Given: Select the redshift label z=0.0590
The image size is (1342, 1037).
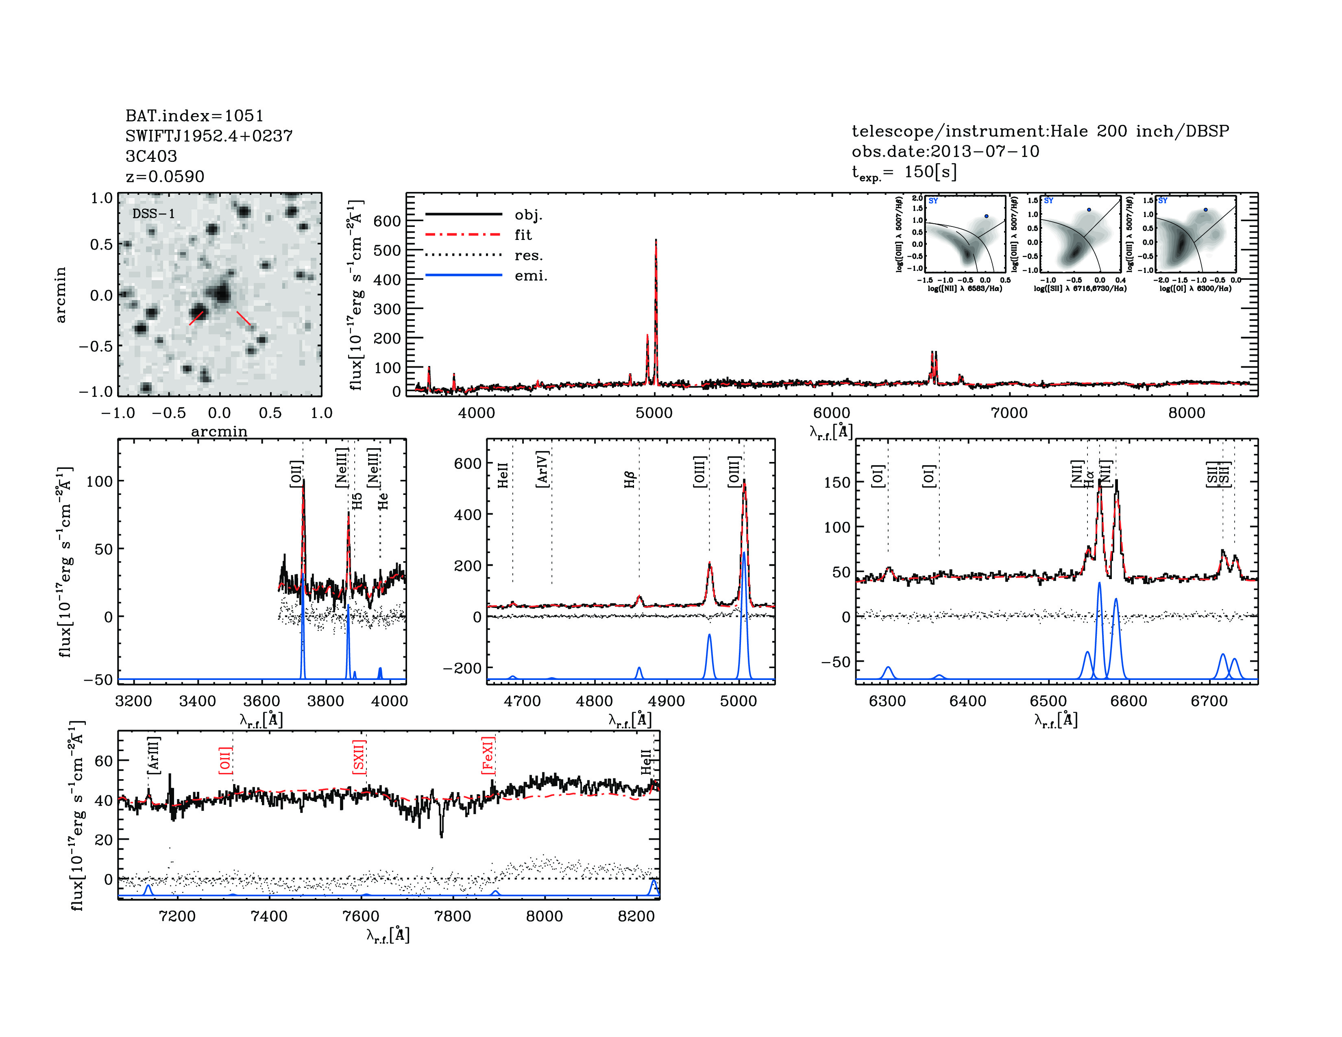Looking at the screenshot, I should click(x=165, y=176).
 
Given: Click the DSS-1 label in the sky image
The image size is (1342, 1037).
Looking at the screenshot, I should click(x=154, y=214).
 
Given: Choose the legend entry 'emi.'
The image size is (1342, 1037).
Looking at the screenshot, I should click(x=530, y=276).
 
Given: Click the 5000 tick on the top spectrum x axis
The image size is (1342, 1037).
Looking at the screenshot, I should click(x=654, y=413).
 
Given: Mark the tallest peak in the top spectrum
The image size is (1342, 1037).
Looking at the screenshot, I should click(x=656, y=240).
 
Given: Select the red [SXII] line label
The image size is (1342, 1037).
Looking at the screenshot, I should click(x=359, y=757).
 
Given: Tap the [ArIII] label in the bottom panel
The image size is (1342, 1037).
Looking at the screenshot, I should click(x=154, y=754).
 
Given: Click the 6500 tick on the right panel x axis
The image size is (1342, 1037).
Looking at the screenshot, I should click(x=1048, y=701).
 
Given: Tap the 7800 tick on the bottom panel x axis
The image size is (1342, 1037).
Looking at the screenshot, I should click(x=452, y=916).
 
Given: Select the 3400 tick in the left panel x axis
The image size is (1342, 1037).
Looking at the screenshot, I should click(x=197, y=701).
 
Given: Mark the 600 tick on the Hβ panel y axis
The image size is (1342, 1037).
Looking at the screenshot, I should click(x=467, y=463).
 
